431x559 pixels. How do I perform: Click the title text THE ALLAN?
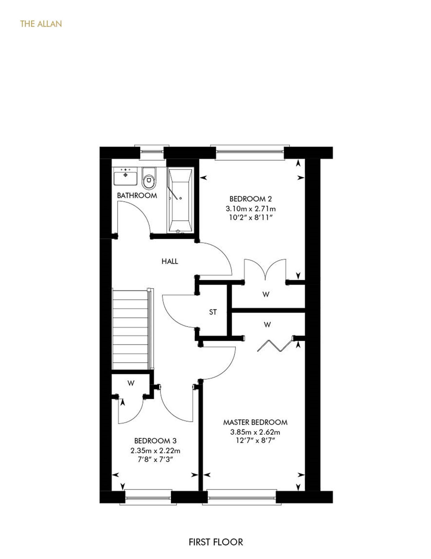point(41,24)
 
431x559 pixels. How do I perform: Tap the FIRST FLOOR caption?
point(216,542)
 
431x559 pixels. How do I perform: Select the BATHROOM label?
point(137,196)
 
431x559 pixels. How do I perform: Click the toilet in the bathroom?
point(149,178)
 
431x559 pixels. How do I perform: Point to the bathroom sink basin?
point(125,177)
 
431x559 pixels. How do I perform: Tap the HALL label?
point(170,261)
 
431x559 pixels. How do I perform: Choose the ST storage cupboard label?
point(213,312)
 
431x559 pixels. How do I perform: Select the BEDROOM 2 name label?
point(251,199)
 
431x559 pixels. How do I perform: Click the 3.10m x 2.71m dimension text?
point(251,208)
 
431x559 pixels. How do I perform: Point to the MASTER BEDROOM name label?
point(255,422)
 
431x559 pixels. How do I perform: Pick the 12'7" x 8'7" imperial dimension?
point(255,440)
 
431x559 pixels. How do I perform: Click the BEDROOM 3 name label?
point(155,441)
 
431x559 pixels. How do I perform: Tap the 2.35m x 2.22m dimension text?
point(155,450)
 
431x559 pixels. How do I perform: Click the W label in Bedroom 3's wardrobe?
point(131,384)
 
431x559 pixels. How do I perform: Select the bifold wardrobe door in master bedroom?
point(275,346)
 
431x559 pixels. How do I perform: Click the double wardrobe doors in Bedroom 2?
point(265,270)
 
